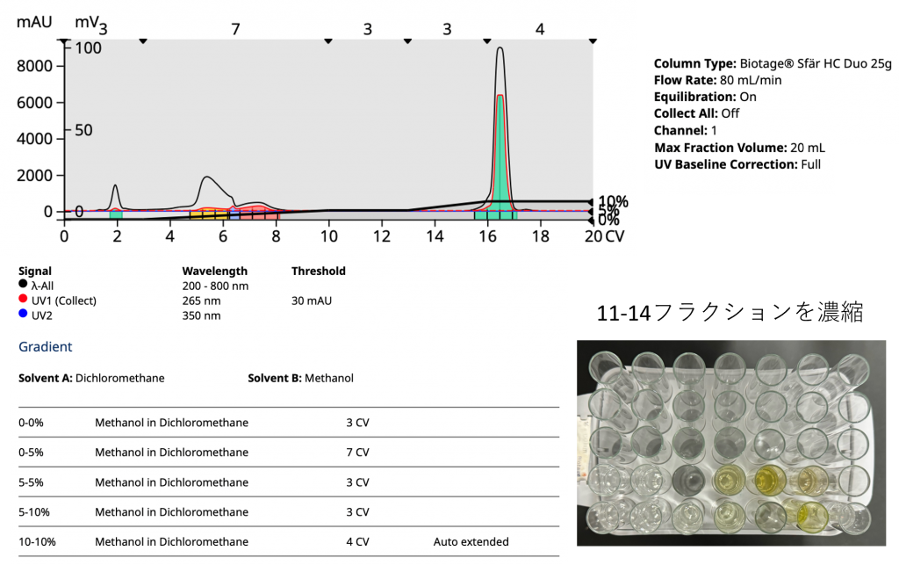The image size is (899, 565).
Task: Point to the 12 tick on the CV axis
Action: (382, 236)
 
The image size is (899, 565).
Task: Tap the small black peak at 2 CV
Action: (115, 192)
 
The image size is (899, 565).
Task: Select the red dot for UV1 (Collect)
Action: (23, 301)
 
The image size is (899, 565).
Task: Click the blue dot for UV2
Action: (23, 315)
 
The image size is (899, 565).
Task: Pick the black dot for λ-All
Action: (23, 286)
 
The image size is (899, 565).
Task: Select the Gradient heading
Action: (46, 347)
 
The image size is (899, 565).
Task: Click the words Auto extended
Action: (471, 541)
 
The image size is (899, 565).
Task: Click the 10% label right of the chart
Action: (613, 201)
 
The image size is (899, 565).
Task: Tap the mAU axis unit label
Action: (34, 21)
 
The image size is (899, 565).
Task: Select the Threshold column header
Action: (318, 271)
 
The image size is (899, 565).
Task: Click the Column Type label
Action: (693, 64)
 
